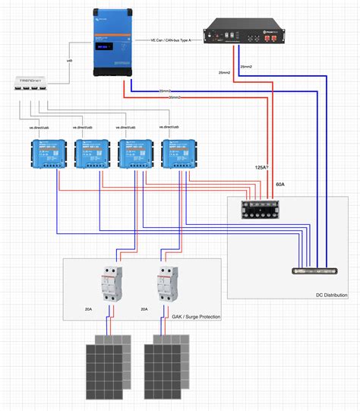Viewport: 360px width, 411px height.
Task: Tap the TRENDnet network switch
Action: coord(30,84)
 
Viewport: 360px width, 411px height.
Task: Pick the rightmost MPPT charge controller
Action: coord(178,154)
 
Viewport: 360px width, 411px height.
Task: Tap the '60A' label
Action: coord(279,185)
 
